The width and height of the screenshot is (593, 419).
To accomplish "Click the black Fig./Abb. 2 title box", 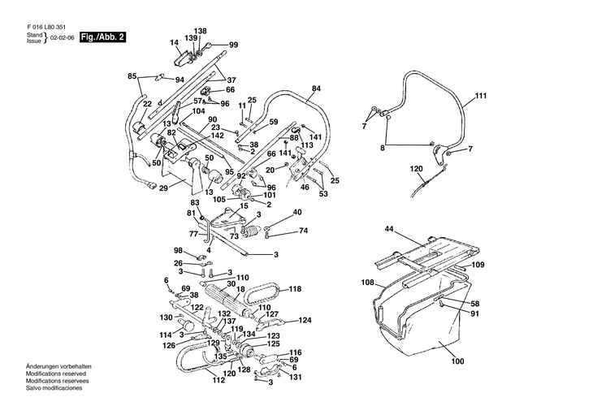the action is coord(102,37).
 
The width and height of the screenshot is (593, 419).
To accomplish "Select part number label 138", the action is coord(201,31).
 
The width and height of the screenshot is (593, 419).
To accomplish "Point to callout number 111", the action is coord(480,96).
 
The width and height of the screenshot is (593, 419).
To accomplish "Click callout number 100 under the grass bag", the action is coord(457,361).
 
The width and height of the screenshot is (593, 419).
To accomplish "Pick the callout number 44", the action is coord(389,229).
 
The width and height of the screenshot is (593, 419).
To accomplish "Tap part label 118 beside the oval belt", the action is coord(295,289).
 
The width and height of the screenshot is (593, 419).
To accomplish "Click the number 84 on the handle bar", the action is coord(316,89).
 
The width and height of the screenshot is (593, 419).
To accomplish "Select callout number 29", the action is coord(163,188).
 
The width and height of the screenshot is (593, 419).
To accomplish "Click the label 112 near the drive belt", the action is coord(219,380).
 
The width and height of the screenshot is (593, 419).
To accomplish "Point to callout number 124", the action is coord(305,320).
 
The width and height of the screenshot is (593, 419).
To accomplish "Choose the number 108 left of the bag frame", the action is coord(368,283).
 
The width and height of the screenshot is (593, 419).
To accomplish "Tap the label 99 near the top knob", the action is coord(233,45).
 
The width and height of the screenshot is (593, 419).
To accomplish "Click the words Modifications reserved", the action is coord(56,374).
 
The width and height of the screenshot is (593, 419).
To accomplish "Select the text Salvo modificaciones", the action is coord(54,388).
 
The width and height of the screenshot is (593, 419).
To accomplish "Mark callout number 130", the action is coord(166,317).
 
